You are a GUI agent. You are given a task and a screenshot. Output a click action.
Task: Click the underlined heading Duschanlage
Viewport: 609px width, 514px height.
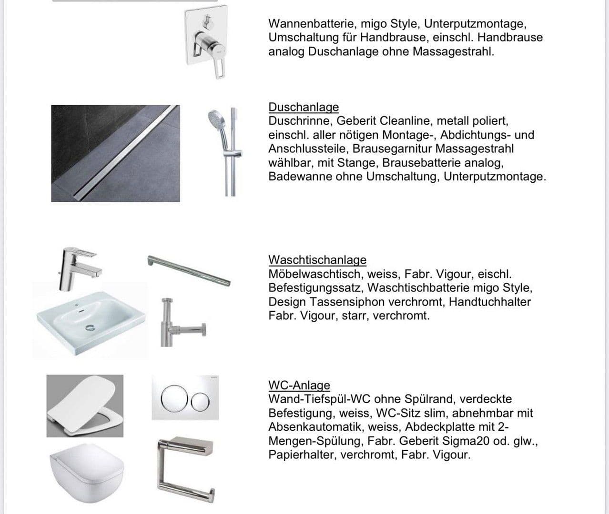[304, 107]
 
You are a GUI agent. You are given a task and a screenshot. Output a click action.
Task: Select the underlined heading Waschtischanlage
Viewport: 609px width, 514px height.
[317, 260]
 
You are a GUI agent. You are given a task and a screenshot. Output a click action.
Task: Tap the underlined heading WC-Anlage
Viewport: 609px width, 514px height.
[299, 385]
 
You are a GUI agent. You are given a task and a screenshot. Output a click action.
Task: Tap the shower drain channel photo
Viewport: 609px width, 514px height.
[115, 153]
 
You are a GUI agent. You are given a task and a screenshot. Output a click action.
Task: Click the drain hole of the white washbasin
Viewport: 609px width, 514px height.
[90, 327]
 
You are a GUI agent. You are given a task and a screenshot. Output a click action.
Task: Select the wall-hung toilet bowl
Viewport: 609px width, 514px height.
[86, 471]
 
